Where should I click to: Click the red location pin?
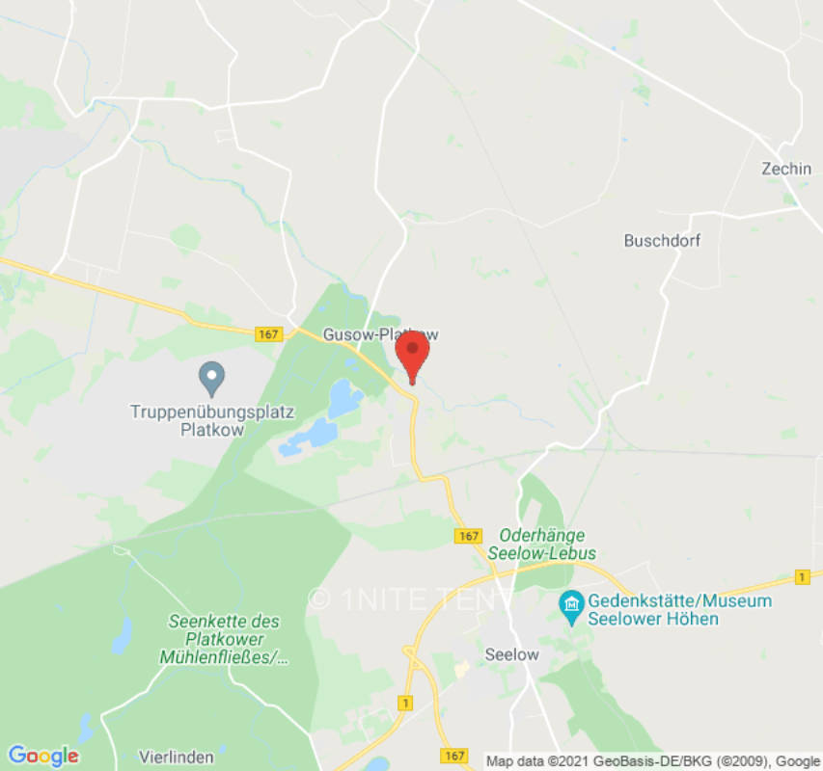click(413, 354)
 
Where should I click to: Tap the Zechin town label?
click(785, 169)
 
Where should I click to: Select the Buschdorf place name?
click(662, 240)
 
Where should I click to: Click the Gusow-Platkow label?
click(380, 334)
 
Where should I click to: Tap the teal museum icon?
click(570, 605)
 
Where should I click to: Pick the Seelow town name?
click(511, 654)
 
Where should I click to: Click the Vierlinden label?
click(176, 757)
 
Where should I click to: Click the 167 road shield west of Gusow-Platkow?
click(268, 334)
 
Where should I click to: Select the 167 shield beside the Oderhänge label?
click(468, 536)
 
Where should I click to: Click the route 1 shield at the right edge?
click(801, 576)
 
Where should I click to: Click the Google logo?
click(42, 755)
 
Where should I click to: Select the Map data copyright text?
click(652, 760)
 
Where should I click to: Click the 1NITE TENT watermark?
click(411, 598)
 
